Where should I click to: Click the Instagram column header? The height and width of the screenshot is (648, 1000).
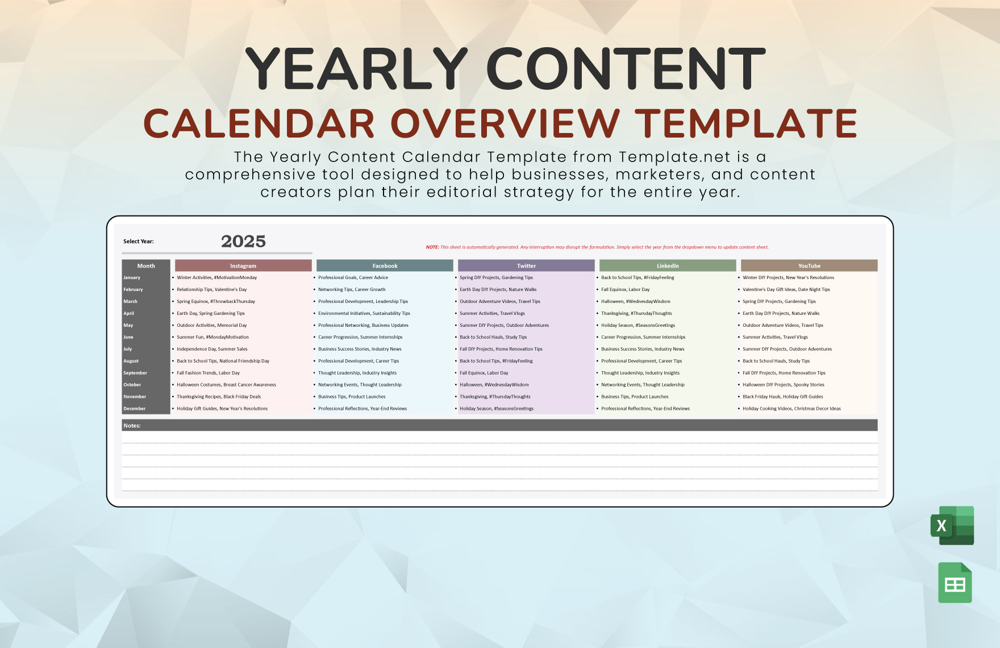243,265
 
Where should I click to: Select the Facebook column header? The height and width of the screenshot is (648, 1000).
385,265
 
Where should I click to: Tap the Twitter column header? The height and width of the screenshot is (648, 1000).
526,265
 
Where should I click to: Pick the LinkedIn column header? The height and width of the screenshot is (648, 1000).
668,265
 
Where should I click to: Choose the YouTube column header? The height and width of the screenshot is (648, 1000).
809,265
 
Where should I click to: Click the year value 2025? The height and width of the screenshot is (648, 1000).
243,242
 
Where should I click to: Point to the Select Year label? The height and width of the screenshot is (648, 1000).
139,242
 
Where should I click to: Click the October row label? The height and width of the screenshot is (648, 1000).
132,385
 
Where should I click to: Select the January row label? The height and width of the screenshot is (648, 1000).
132,277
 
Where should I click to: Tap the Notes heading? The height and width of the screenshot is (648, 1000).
132,425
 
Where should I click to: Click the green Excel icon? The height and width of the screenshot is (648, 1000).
953,525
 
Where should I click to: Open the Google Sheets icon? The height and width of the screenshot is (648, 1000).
955,583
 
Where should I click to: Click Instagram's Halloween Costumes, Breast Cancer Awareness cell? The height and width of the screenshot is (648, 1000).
226,385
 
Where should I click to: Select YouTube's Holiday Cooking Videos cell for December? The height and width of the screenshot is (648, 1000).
791,409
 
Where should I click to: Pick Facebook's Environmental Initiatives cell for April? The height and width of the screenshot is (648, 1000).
364,313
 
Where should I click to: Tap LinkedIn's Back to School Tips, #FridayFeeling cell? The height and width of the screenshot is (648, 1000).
637,277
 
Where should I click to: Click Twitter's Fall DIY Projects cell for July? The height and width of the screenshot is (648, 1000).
501,349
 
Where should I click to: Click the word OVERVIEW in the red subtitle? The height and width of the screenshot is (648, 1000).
505,123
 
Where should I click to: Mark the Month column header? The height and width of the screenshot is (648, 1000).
146,265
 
